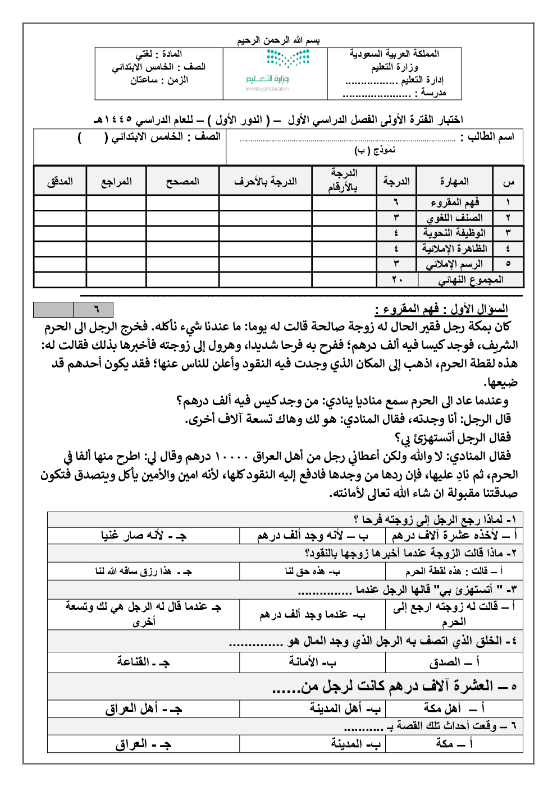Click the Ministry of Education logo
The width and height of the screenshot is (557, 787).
(278, 70)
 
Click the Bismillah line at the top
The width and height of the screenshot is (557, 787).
(278, 40)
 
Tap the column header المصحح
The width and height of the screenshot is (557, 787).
(182, 182)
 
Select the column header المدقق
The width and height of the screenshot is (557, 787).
(60, 182)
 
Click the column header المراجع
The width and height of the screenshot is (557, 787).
(116, 182)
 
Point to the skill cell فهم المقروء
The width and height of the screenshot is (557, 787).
(454, 202)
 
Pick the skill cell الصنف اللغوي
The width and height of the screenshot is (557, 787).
(454, 218)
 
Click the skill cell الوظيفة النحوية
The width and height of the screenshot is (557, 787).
(454, 233)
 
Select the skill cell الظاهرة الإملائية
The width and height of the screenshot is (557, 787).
(454, 248)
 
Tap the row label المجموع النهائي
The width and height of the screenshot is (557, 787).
(471, 279)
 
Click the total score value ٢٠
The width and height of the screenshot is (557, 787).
(397, 279)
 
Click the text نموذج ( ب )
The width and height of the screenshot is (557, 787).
(375, 150)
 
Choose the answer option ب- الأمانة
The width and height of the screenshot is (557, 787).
(312, 662)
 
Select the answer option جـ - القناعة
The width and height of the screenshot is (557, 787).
(143, 662)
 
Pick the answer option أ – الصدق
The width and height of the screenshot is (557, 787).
(454, 662)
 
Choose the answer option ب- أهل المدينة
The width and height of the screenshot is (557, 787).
(345, 709)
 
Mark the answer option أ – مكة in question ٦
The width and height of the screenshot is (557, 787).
(454, 743)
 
